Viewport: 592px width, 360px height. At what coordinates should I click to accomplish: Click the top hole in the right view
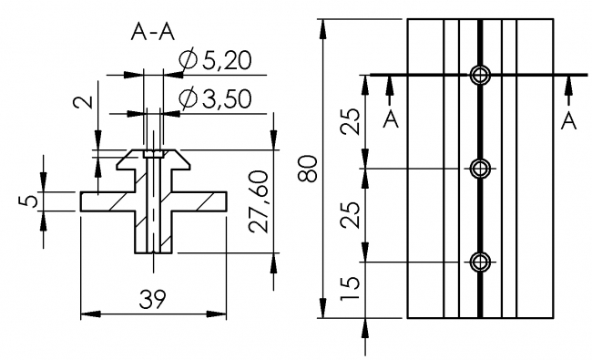pos(480,75)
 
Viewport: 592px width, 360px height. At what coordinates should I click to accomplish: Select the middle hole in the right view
pos(480,168)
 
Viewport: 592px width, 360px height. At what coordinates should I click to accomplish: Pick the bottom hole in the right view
pos(480,262)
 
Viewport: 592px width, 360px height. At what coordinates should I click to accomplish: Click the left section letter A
pos(390,120)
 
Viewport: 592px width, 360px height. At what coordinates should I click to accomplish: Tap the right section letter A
pos(569,120)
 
